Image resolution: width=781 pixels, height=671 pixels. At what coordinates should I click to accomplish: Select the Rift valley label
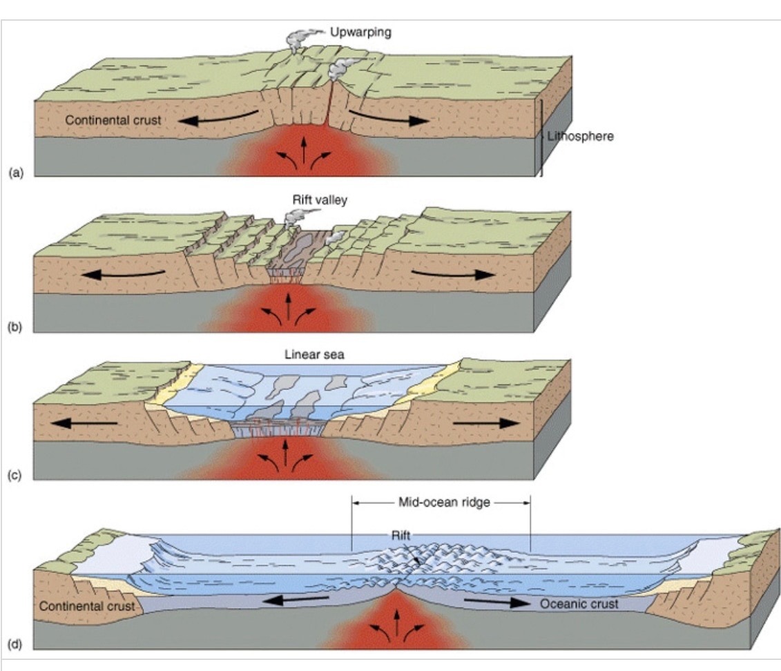coord(310,200)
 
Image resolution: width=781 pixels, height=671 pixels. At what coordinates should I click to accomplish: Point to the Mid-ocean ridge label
coord(443,503)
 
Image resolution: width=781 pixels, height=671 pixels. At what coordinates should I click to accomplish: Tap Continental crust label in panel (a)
coord(113,120)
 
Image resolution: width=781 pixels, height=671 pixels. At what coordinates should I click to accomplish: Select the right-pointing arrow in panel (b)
coord(452,272)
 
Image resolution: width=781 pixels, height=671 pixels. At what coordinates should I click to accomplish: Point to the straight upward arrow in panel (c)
coord(285,452)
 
